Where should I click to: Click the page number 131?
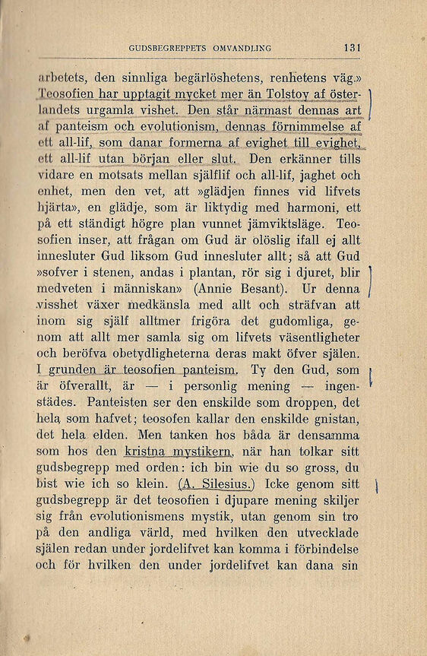351,47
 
